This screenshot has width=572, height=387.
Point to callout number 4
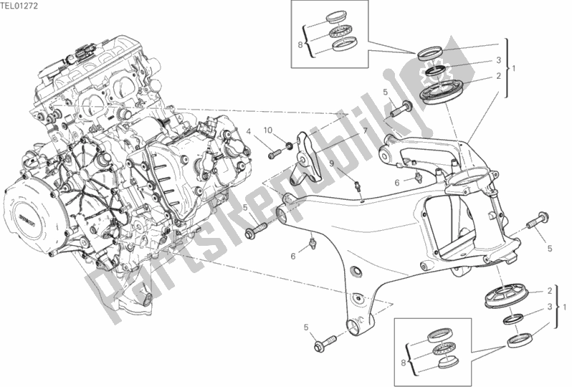tap(249, 133)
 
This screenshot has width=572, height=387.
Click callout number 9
tap(332, 164)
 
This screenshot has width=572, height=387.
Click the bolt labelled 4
tap(275, 154)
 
